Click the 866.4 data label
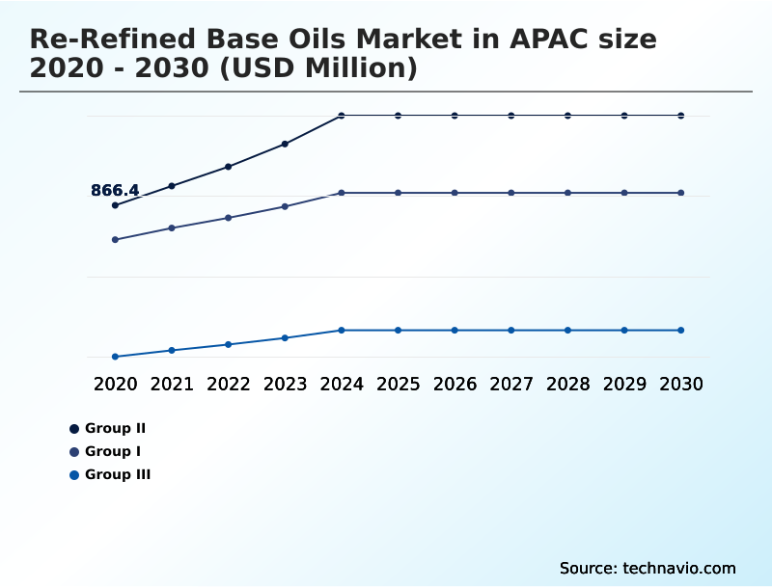(115, 191)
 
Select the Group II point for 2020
(115, 205)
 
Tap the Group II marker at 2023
(285, 144)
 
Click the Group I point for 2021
(172, 227)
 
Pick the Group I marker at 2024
(342, 193)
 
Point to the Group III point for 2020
(115, 357)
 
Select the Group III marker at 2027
(511, 330)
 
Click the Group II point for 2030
(681, 116)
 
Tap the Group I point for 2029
(624, 193)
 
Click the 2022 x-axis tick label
(229, 384)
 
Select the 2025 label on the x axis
(398, 384)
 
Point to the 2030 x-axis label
(681, 384)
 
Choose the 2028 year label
(567, 384)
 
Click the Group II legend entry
(114, 428)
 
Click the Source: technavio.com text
(648, 568)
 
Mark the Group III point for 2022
(229, 344)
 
